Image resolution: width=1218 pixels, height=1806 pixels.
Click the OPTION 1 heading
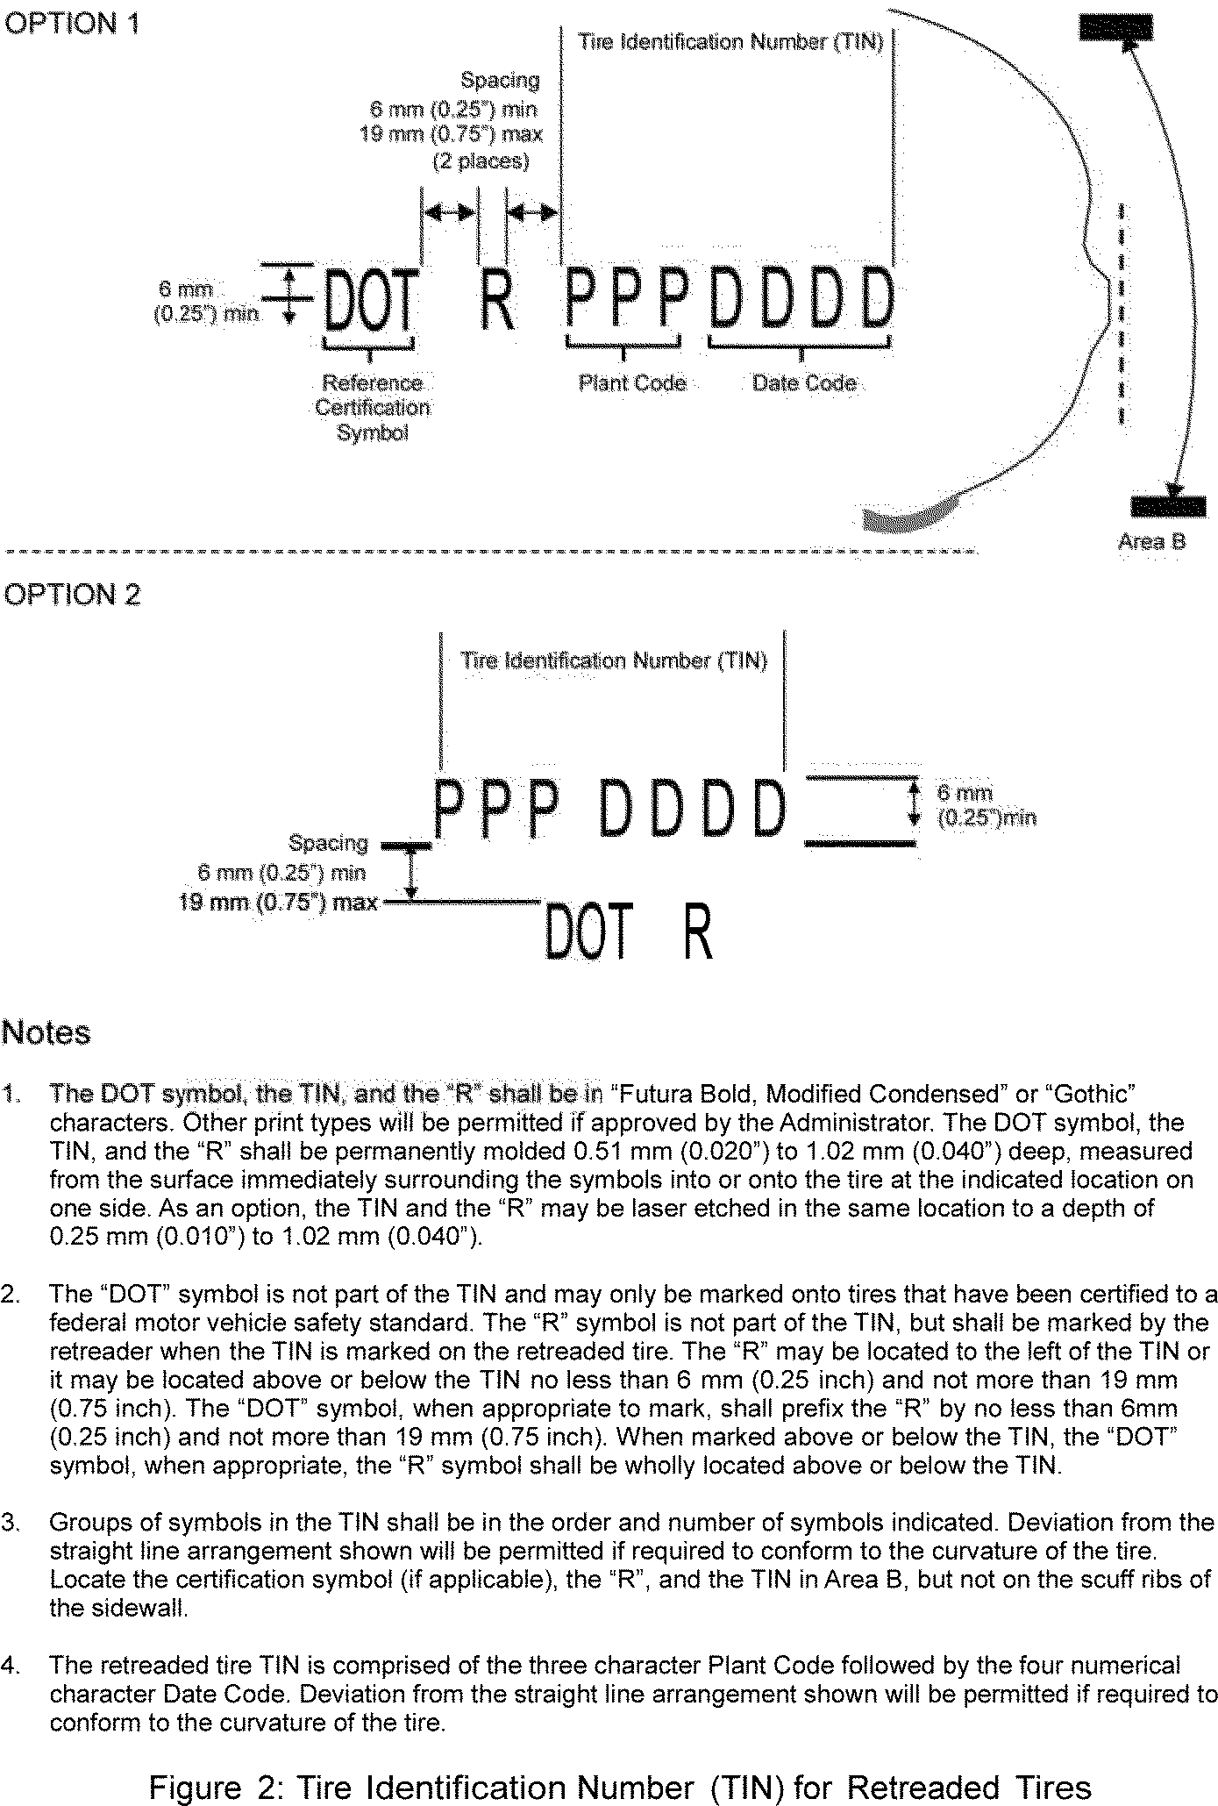tap(72, 24)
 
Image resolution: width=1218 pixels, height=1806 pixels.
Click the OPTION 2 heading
tap(72, 595)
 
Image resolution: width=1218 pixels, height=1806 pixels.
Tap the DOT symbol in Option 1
tap(369, 301)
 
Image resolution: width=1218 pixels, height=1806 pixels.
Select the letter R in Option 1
tap(496, 301)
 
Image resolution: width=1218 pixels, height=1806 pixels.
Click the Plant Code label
tap(632, 383)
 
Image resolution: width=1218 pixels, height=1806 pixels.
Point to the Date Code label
tap(804, 383)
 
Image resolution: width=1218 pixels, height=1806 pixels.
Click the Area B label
tap(1151, 541)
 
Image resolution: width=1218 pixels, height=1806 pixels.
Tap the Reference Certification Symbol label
tap(373, 408)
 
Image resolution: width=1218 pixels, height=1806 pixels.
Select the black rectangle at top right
tap(1116, 29)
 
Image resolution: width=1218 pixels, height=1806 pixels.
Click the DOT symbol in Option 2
tap(588, 932)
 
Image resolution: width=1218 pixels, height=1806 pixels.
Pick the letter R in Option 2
tap(698, 932)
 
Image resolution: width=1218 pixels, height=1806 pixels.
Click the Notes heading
tap(46, 1032)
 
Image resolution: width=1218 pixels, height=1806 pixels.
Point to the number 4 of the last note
tap(10, 1665)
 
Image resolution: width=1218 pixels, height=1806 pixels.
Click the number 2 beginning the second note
tap(10, 1295)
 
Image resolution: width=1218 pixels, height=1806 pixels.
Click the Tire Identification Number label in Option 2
tap(614, 660)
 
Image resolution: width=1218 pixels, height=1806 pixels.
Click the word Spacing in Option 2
tap(328, 843)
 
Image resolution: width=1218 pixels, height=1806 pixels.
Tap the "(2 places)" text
tap(481, 162)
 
